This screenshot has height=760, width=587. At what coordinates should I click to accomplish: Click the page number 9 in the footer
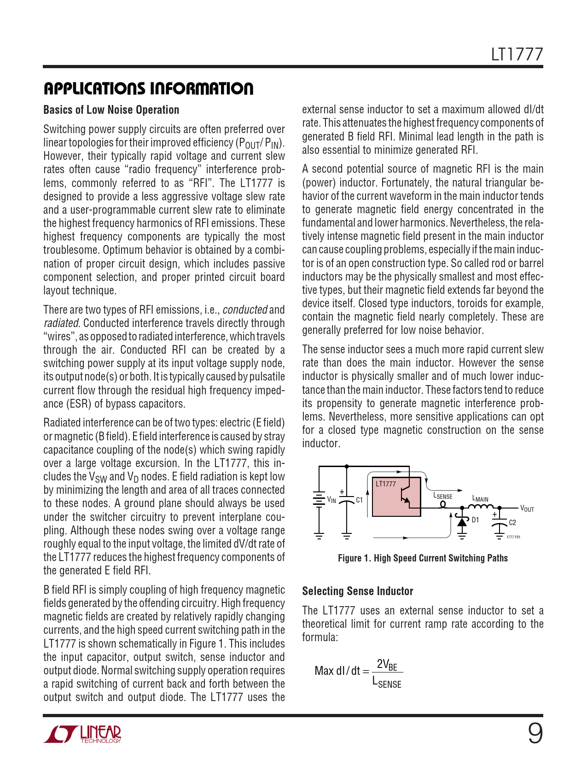535,733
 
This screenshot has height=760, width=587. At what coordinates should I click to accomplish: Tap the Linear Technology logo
83,734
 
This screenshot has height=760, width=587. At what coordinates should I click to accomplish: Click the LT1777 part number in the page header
517,55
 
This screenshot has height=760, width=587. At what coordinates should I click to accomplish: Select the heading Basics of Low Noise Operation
111,110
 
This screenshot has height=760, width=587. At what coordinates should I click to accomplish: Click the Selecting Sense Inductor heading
357,591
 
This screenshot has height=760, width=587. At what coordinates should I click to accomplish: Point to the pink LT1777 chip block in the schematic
396,497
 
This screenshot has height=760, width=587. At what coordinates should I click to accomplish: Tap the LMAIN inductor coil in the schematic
480,507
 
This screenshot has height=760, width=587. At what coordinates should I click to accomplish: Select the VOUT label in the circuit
527,509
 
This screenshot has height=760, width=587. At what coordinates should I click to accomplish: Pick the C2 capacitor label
512,523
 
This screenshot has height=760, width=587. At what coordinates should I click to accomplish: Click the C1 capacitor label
360,500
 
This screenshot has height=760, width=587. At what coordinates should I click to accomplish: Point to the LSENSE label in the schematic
443,496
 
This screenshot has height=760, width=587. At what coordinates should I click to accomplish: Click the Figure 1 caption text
423,558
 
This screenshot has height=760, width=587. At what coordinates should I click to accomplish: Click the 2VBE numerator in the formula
387,665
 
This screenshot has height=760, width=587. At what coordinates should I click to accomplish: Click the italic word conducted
245,310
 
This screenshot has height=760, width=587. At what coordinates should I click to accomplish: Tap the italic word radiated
61,323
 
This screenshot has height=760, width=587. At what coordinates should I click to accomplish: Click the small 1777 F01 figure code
513,537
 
